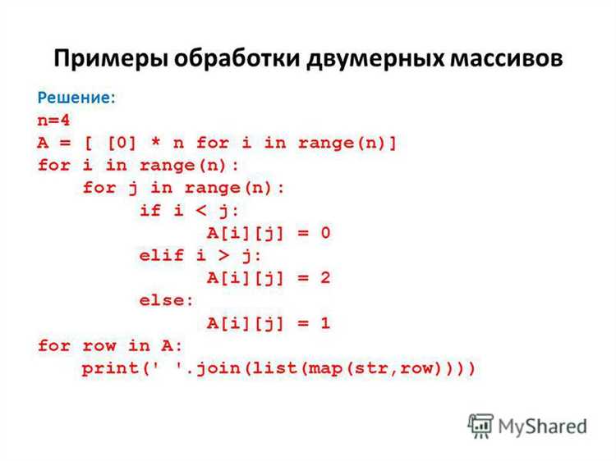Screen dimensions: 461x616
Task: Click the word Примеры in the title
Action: tap(106, 60)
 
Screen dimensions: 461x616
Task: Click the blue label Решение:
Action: tap(76, 98)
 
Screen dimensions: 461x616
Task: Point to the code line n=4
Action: tap(54, 121)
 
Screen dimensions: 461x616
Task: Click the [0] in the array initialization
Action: tap(113, 143)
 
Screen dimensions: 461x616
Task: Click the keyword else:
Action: tap(168, 301)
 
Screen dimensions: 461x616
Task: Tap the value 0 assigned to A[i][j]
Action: tap(324, 233)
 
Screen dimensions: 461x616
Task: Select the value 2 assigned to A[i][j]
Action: tap(324, 278)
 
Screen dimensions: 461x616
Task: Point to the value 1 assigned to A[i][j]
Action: tap(324, 323)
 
